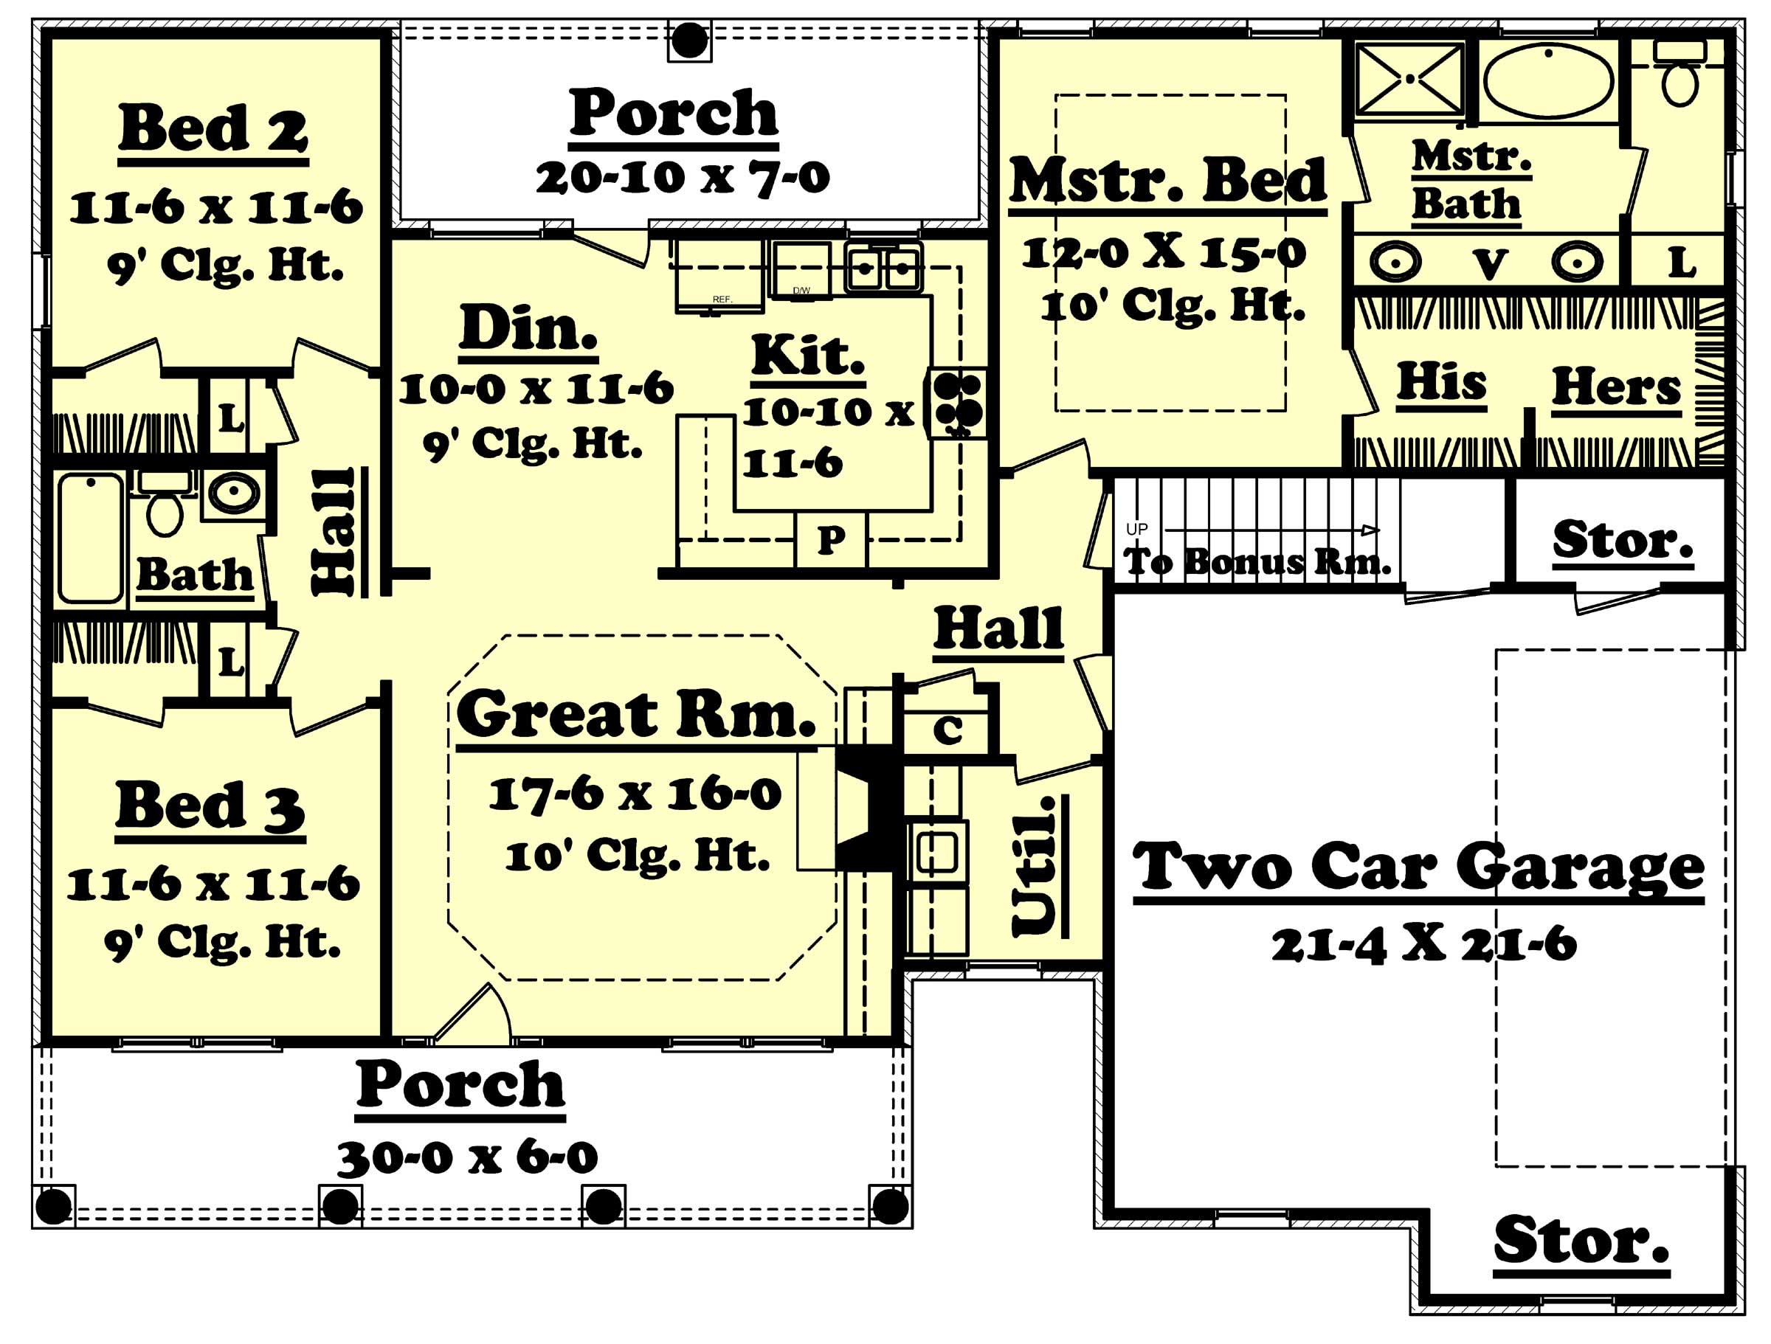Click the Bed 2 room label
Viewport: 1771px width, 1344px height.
213,130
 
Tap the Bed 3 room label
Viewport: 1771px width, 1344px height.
210,807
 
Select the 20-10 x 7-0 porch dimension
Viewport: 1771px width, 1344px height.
682,178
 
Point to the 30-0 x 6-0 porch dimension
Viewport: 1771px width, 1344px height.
467,1157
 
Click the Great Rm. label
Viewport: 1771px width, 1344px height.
635,715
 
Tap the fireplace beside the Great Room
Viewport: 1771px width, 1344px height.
868,809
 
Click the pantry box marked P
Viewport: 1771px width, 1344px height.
830,540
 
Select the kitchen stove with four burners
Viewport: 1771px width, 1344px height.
958,403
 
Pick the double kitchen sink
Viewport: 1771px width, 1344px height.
883,267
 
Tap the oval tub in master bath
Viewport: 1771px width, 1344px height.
1547,80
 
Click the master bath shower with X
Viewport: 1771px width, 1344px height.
1409,78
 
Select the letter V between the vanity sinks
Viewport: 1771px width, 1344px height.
1491,264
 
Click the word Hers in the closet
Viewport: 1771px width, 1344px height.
1616,388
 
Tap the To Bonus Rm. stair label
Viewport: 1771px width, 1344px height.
1256,562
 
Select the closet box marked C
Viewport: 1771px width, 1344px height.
948,730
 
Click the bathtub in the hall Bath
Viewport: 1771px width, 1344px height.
91,538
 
